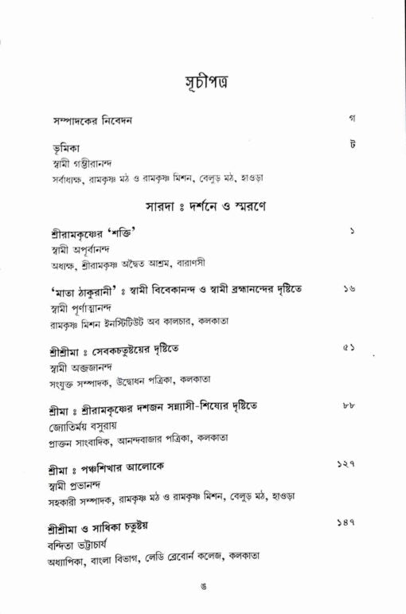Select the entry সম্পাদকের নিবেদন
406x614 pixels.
pos(87,121)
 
